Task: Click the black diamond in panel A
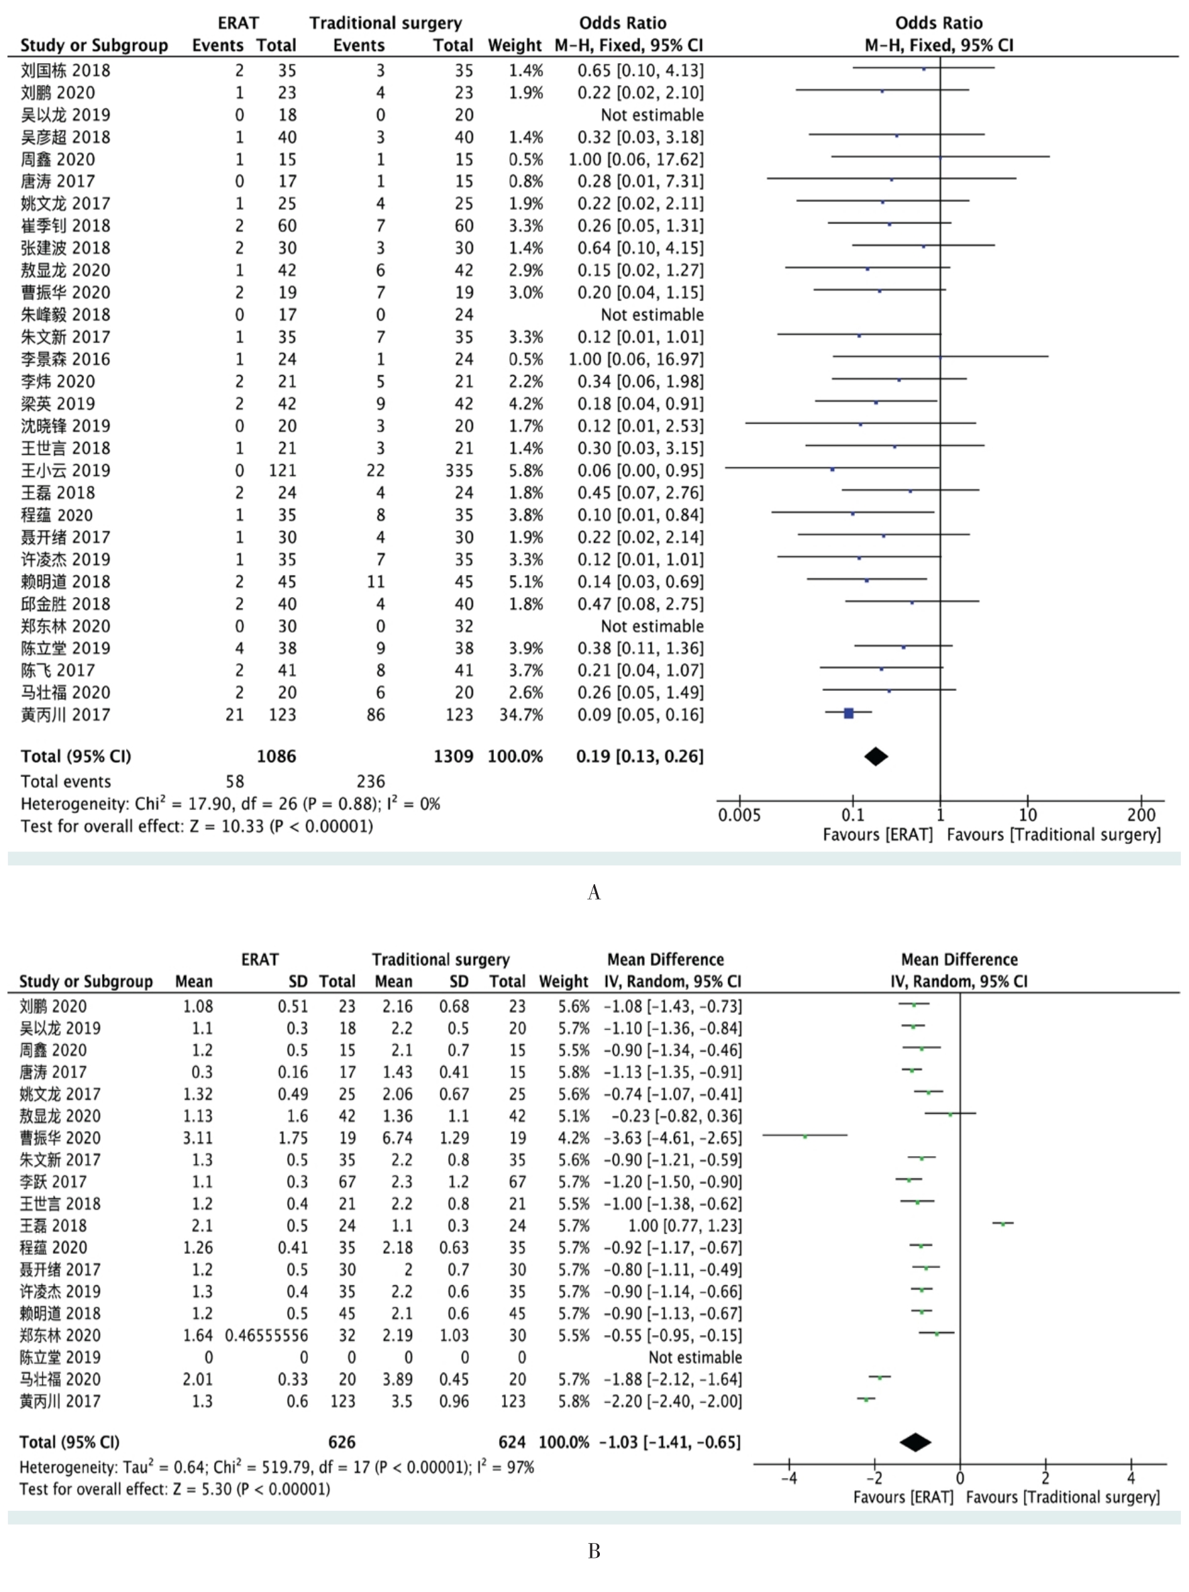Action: tap(876, 756)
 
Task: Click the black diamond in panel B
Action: tap(915, 1442)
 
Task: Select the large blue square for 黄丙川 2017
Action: tap(849, 713)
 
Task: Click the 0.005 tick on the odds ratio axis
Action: tap(739, 814)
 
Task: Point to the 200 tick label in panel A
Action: tap(1141, 814)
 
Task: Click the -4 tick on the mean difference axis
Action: tap(789, 1479)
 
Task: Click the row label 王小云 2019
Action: tap(66, 471)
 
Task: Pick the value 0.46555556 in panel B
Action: tap(266, 1335)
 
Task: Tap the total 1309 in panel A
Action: tap(453, 756)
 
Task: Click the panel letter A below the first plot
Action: tap(594, 892)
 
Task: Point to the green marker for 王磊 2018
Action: tap(1002, 1224)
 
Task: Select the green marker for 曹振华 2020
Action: tap(805, 1136)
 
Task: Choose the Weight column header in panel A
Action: tap(514, 46)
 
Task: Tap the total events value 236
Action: tap(370, 782)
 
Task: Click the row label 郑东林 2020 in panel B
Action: tap(60, 1335)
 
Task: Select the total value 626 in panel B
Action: tap(341, 1442)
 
